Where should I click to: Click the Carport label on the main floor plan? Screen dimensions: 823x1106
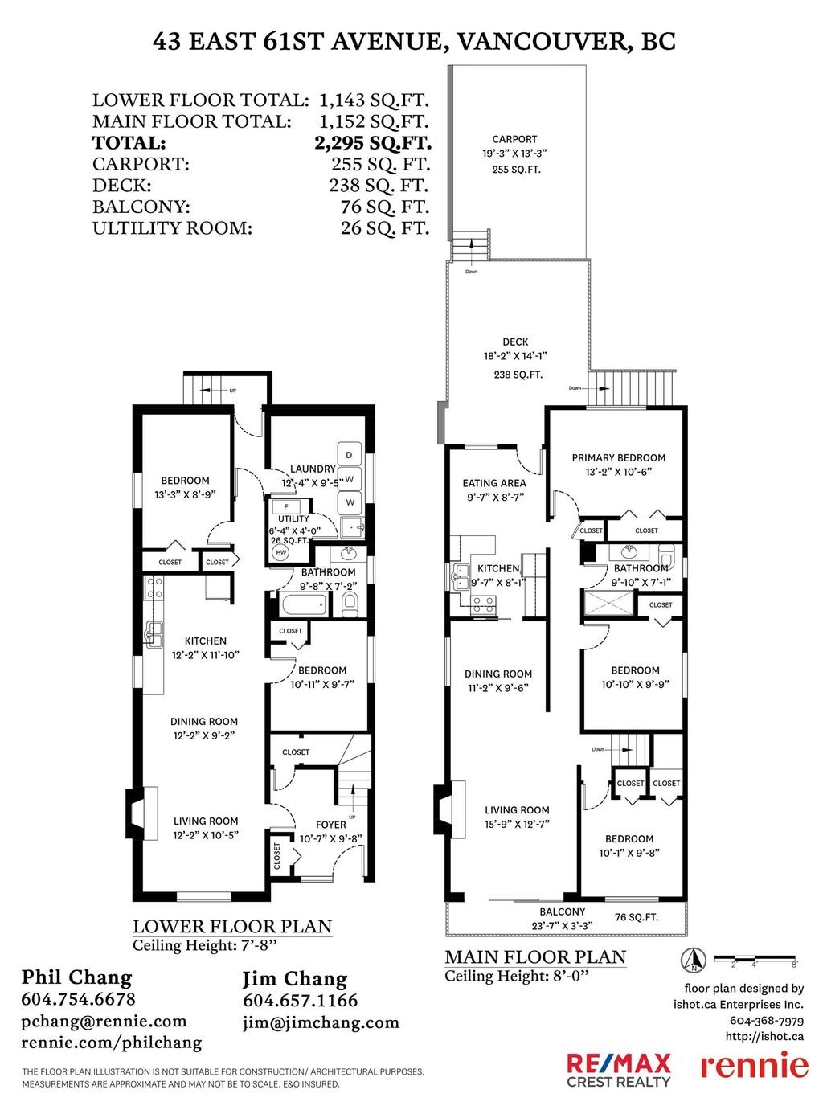(514, 140)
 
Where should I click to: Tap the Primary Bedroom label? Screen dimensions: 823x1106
(618, 458)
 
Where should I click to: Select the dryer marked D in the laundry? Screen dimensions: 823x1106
(350, 454)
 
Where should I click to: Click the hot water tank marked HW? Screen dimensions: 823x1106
(281, 552)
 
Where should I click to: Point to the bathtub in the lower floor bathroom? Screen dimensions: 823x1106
(304, 605)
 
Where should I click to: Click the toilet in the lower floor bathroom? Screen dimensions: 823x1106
(350, 605)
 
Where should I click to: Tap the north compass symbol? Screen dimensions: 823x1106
(694, 959)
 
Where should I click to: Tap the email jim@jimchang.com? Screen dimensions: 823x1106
(321, 1023)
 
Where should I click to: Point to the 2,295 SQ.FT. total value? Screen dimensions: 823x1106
(372, 142)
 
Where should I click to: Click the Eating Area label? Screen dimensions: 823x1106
(493, 483)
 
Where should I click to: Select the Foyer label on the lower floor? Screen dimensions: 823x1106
(330, 825)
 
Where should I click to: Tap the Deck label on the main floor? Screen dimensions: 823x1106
(515, 342)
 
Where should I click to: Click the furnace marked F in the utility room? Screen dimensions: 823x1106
(286, 507)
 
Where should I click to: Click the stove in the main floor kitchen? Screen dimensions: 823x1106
(483, 604)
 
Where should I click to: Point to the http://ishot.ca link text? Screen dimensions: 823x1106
(764, 1036)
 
